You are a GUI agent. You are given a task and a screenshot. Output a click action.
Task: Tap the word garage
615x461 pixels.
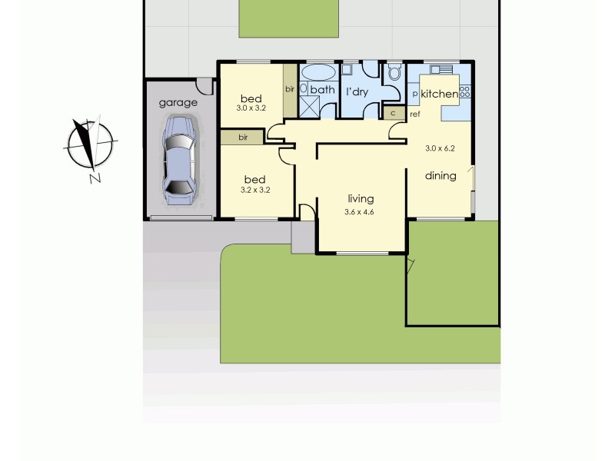[x=178, y=102]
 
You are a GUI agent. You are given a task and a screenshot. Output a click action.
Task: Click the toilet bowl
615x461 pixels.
[x=394, y=74]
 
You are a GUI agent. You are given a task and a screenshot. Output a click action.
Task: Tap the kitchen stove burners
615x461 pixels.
[x=464, y=92]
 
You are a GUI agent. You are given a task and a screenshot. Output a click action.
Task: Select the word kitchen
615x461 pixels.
[x=439, y=94]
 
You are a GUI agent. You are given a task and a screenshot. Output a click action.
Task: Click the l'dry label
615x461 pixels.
[x=357, y=91]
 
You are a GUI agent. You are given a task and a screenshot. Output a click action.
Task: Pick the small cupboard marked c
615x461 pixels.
[x=394, y=113]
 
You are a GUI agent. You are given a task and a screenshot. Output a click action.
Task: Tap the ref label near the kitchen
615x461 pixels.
[x=414, y=114]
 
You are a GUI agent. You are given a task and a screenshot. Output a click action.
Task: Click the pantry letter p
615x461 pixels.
[x=415, y=94]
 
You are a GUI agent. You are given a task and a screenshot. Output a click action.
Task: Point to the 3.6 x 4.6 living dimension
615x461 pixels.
[x=360, y=211]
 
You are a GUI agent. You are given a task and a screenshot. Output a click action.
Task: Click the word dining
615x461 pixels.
[x=440, y=175]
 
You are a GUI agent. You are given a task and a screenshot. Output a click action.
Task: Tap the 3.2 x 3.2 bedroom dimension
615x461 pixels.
[x=255, y=189]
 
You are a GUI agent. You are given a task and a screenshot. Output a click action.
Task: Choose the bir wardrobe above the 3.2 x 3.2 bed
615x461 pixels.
[x=242, y=138]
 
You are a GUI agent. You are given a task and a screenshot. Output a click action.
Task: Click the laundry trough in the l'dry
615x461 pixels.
[x=347, y=70]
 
